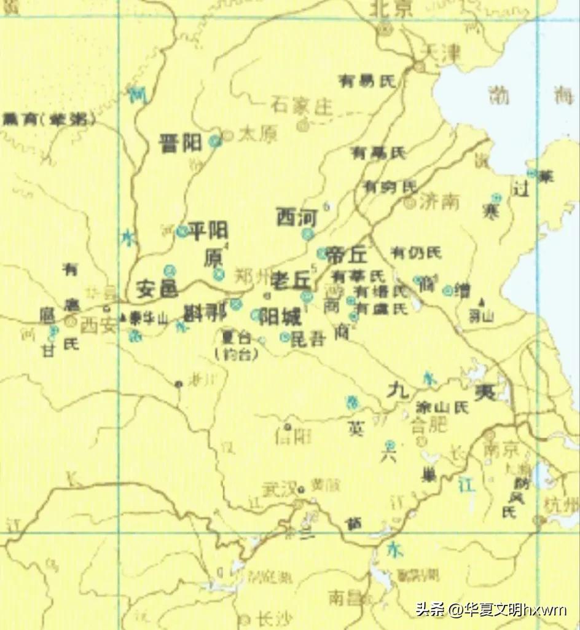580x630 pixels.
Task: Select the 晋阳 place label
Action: [180, 143]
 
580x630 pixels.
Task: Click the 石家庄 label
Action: [301, 106]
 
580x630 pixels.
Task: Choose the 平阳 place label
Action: [208, 230]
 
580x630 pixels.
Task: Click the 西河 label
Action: [296, 216]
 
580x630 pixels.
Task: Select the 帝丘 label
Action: [347, 254]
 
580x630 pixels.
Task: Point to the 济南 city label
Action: [440, 201]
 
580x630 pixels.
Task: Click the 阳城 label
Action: [280, 317]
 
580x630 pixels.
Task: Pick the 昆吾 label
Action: [307, 338]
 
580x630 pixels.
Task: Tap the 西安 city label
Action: [98, 325]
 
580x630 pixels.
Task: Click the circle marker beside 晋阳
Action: [214, 141]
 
